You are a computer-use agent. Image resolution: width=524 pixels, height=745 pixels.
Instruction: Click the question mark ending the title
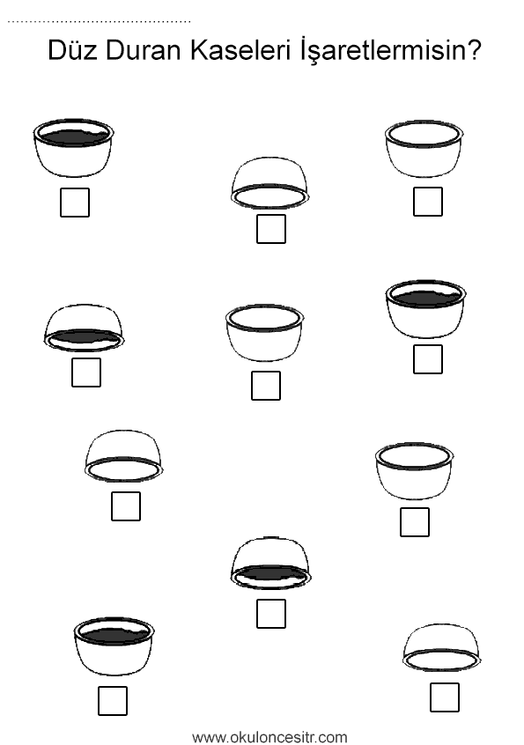click(x=471, y=50)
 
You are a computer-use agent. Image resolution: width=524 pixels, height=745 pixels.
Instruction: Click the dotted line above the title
click(x=100, y=22)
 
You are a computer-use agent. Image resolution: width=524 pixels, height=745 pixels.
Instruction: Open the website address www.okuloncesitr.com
click(x=269, y=737)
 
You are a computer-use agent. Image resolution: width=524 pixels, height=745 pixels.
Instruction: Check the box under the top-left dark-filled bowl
click(x=75, y=203)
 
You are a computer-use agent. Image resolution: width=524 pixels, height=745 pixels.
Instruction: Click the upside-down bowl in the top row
click(x=269, y=183)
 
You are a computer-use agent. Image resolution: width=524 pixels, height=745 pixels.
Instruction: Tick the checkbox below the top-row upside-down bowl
click(x=270, y=229)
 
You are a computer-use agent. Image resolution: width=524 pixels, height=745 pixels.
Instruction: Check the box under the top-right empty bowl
click(x=427, y=202)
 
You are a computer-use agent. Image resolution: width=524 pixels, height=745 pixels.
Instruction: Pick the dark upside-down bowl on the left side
click(x=84, y=328)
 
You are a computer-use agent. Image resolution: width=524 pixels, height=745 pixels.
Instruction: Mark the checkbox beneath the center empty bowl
click(x=266, y=386)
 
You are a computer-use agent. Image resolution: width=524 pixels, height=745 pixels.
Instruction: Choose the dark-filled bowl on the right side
click(x=425, y=309)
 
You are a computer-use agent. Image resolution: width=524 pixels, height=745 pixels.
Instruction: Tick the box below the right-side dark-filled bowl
click(x=427, y=359)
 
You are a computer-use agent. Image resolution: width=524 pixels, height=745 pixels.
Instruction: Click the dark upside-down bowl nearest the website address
click(x=270, y=564)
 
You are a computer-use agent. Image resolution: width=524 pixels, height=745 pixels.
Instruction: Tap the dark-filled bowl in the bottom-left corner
click(x=114, y=646)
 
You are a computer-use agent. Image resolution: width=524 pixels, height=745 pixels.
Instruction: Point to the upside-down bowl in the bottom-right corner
click(x=442, y=647)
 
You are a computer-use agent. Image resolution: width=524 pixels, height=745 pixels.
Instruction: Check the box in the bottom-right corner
click(x=444, y=697)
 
